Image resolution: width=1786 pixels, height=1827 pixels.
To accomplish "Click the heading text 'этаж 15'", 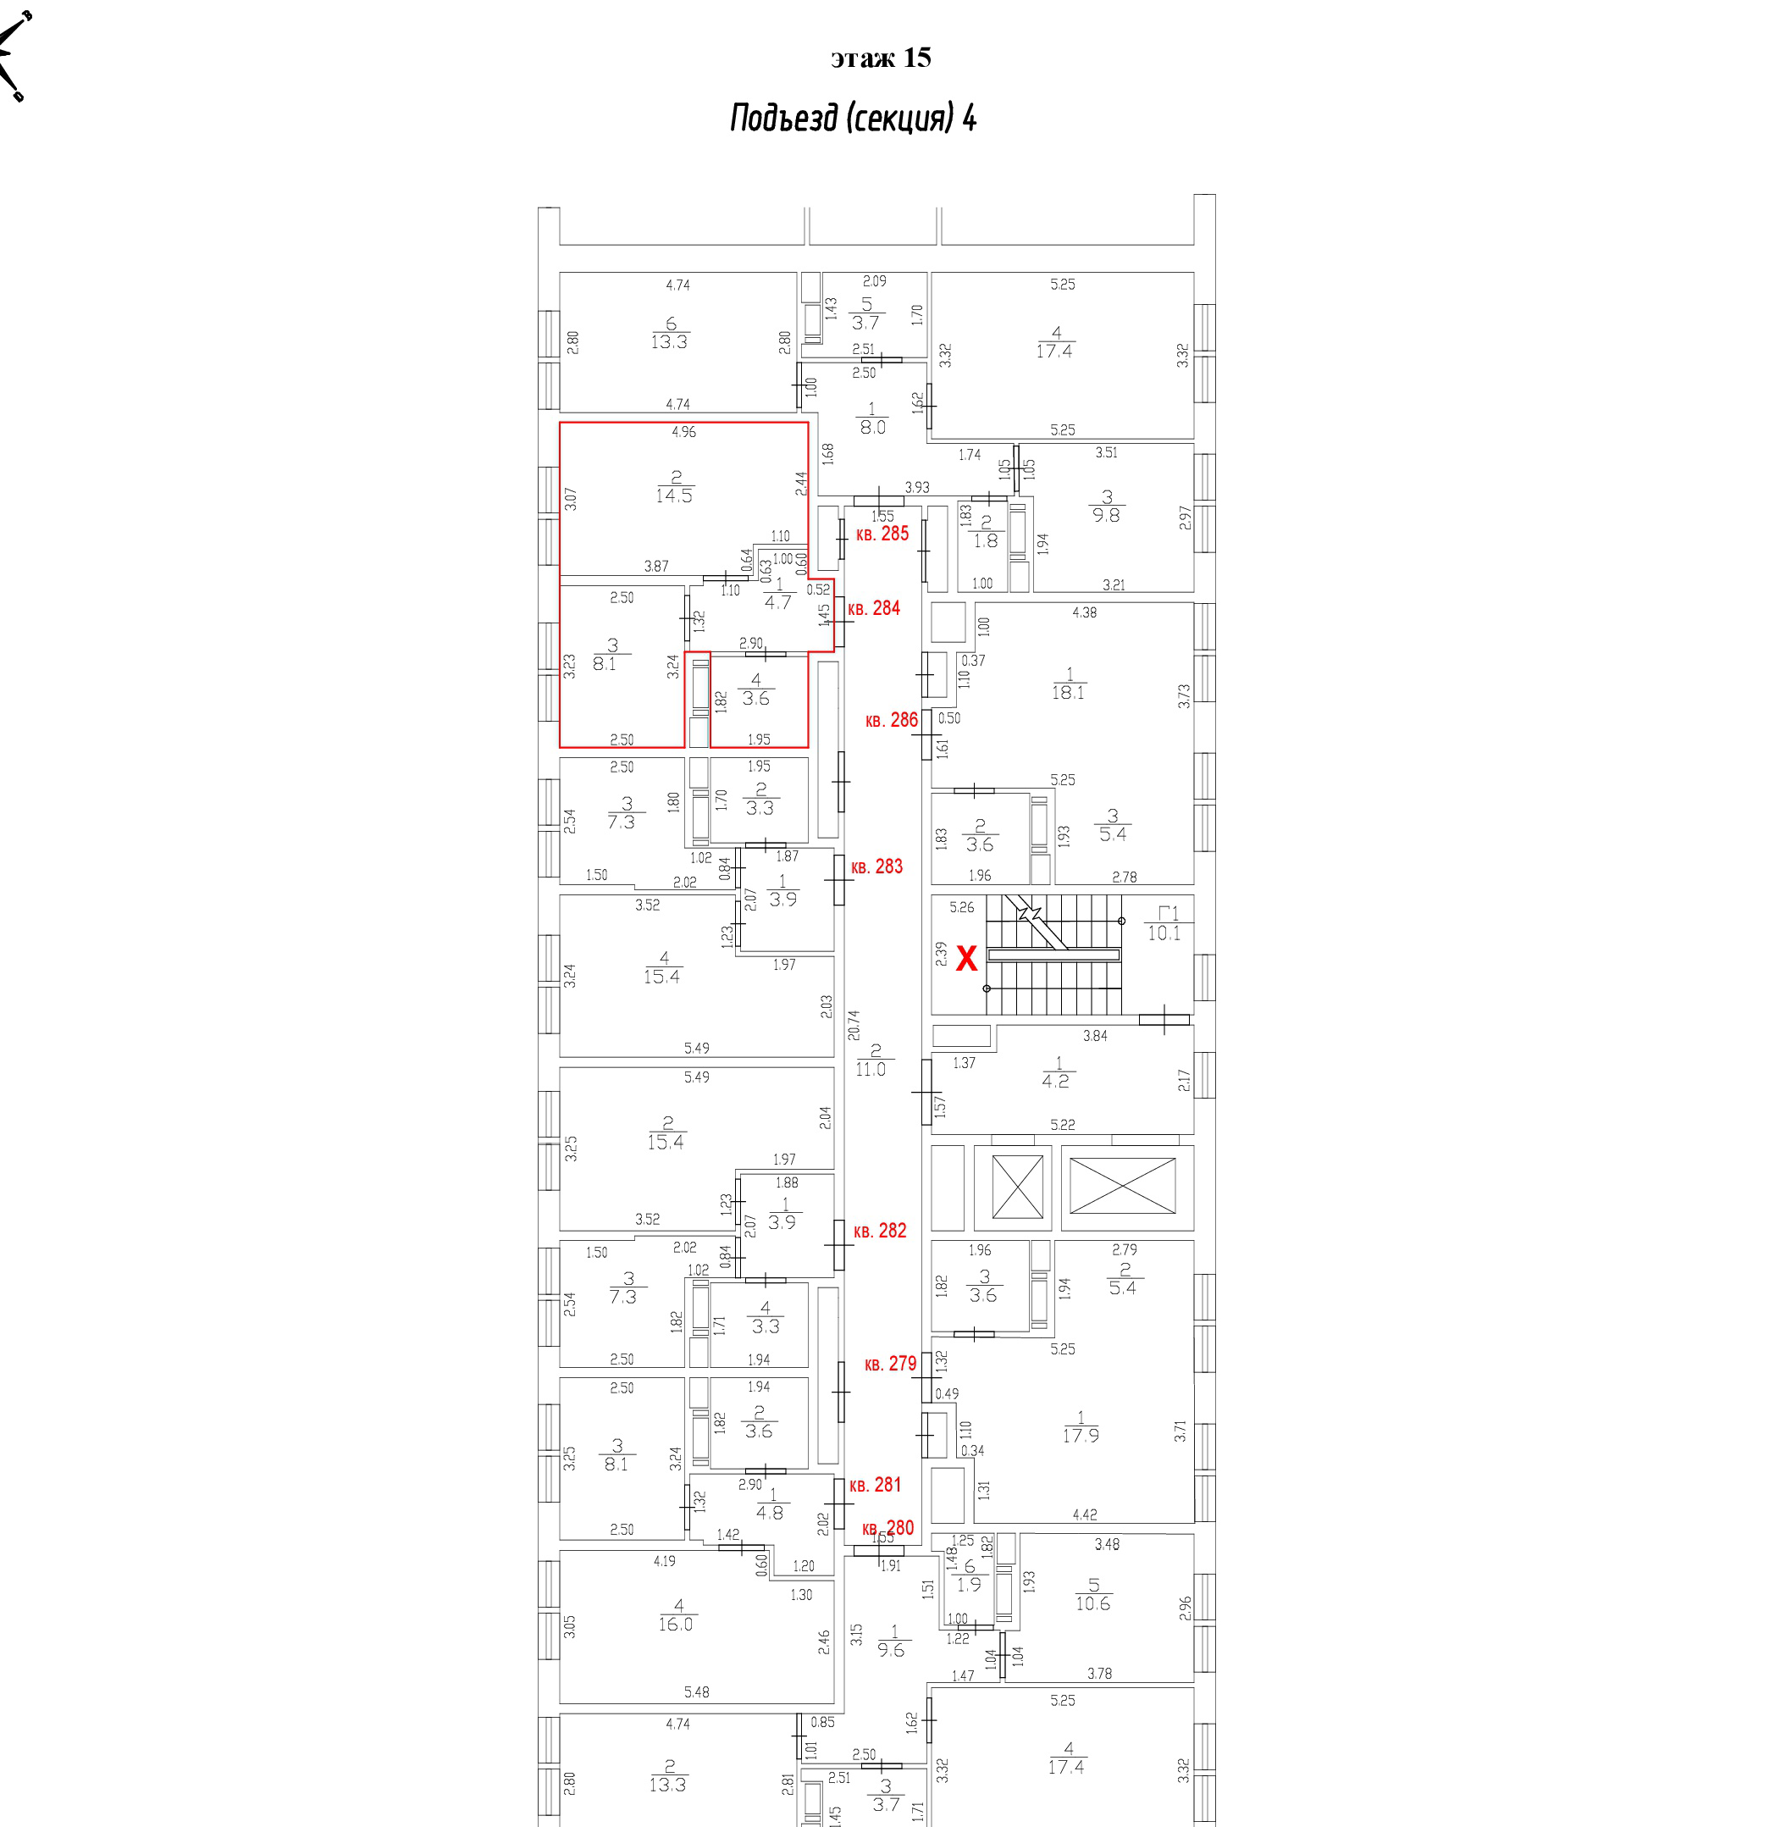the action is coord(880,58).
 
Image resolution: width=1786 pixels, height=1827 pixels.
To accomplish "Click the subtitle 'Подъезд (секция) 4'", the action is coord(853,119).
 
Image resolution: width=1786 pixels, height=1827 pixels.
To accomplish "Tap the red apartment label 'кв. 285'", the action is coord(882,534).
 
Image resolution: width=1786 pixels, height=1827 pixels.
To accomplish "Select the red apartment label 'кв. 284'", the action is coord(874,608).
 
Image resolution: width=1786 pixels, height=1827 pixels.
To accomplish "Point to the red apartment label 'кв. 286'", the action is coord(891,720).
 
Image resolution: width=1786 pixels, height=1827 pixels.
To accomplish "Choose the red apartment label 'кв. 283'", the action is coord(877,867).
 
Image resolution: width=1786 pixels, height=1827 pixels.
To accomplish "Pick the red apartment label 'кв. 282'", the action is coord(880,1230).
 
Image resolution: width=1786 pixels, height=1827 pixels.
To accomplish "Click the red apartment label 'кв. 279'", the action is coord(890,1364).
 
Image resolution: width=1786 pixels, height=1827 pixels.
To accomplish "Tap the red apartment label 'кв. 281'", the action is coord(875,1485).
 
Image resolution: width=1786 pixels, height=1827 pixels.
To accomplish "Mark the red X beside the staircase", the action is coord(966,958).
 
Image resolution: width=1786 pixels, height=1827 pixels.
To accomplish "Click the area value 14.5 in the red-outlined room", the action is coord(674,496).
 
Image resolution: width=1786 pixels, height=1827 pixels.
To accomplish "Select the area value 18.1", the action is coord(1068,693).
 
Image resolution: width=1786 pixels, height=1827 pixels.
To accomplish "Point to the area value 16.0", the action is coord(676,1625).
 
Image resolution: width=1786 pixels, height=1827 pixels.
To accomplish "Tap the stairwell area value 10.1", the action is coord(1164,933).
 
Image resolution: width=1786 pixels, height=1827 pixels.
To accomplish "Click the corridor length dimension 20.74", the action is coord(854,1025).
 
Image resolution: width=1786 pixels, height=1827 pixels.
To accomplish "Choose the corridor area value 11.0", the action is coord(871,1069).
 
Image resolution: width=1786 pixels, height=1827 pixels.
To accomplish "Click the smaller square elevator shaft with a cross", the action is coord(1017,1187).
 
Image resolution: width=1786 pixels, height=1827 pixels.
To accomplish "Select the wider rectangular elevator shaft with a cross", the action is coord(1123,1187).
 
